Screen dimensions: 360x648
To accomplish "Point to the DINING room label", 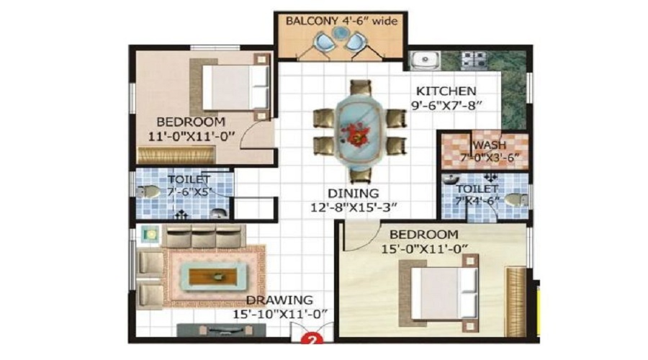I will tap(353, 193).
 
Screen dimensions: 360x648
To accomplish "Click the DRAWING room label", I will tap(279, 300).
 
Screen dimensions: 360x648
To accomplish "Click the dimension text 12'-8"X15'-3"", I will tap(353, 207).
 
